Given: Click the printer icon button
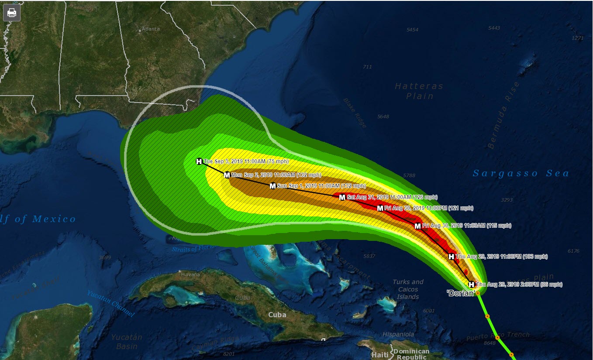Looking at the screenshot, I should [x=12, y=13].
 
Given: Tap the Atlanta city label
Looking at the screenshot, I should [x=150, y=29].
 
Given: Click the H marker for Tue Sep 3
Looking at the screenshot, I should [x=199, y=161].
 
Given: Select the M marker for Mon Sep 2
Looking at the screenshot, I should [x=227, y=175].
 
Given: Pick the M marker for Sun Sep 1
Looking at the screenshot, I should [x=272, y=186].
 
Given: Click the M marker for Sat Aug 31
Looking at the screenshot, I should [x=342, y=197].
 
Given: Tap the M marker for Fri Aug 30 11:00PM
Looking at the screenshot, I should [x=380, y=208].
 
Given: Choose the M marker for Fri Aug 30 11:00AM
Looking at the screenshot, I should [x=417, y=226].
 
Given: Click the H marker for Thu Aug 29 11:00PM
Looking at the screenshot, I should [x=451, y=257].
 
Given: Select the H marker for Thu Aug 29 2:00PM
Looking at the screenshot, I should [x=472, y=285].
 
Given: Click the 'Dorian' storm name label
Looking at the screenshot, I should [x=461, y=294].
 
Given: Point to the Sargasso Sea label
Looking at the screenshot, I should [x=521, y=174].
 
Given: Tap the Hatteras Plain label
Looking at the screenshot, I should [x=419, y=91].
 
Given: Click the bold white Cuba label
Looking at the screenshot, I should [x=277, y=315].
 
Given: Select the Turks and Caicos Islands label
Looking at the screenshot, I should [x=408, y=289].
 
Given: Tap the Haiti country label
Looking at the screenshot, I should [x=379, y=355].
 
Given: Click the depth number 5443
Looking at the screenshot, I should [x=494, y=28].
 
